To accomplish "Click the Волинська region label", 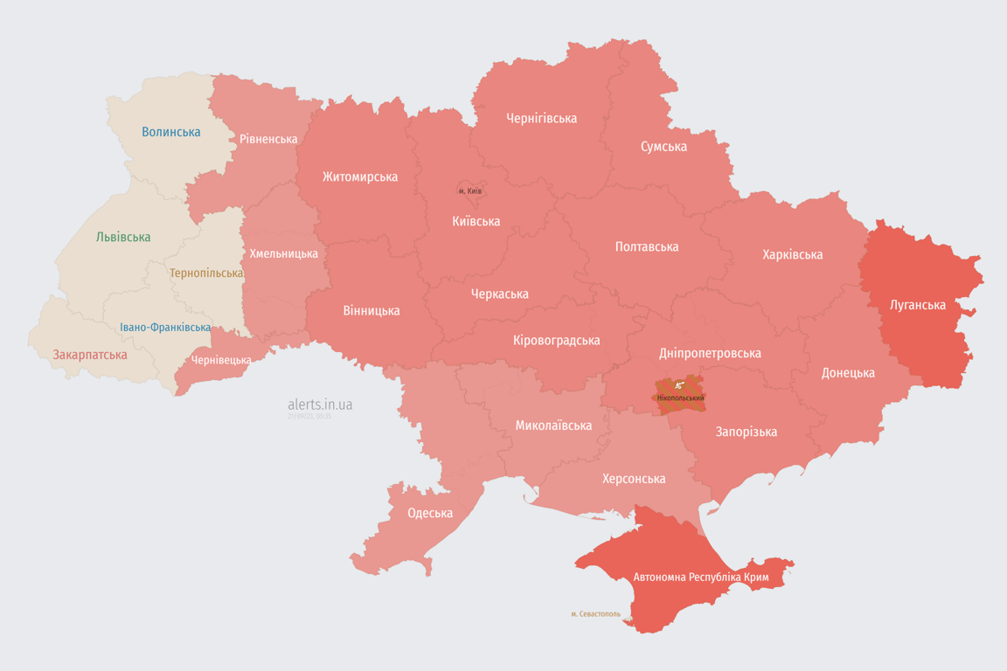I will click(x=171, y=132).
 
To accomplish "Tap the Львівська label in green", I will click(x=123, y=237).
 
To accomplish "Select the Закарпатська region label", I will click(x=90, y=355).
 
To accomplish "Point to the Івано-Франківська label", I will click(x=165, y=328).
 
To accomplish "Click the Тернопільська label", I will click(x=206, y=273).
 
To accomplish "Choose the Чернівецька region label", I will click(x=221, y=360).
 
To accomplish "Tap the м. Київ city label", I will click(x=470, y=191).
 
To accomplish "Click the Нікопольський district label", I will click(x=678, y=398).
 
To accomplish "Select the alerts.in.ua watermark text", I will click(x=320, y=405).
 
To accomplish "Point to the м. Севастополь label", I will click(x=595, y=614).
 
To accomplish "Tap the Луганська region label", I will click(x=918, y=305).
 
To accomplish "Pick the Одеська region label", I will click(x=430, y=513).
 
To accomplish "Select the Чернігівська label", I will click(x=542, y=118).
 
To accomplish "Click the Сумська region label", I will click(x=663, y=146).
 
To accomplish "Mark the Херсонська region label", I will click(x=634, y=479).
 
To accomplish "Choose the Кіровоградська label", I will click(x=557, y=340).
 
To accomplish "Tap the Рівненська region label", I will click(x=268, y=139).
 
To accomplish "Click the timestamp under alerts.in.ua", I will click(x=309, y=417).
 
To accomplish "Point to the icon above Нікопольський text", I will click(x=678, y=386).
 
